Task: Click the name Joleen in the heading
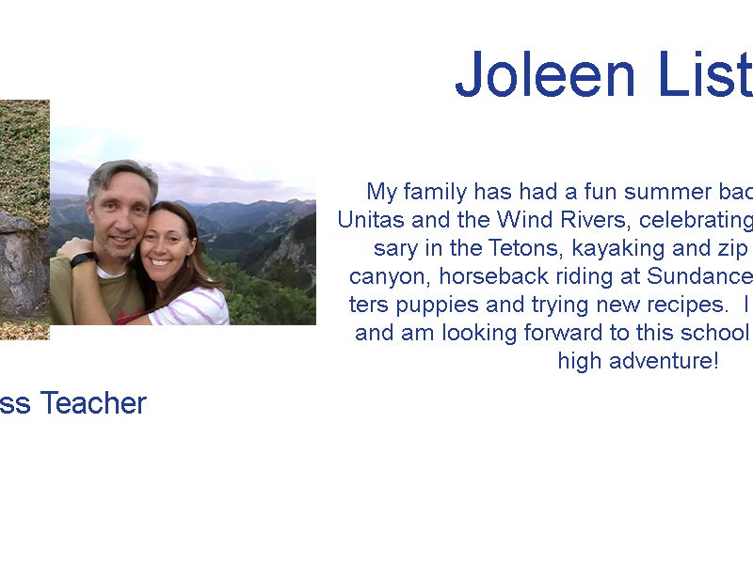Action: pyautogui.click(x=545, y=74)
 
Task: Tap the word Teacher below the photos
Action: pyautogui.click(x=93, y=403)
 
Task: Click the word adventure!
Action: pyautogui.click(x=664, y=361)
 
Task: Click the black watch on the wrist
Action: pyautogui.click(x=84, y=259)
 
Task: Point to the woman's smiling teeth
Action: pyautogui.click(x=161, y=263)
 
